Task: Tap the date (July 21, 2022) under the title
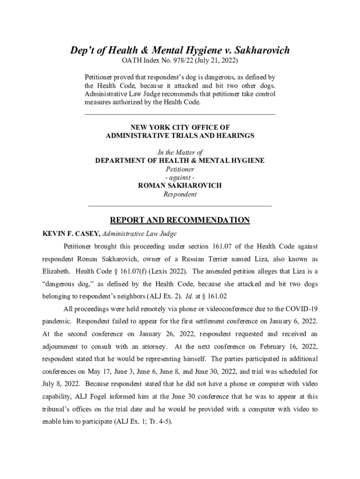pos(219,61)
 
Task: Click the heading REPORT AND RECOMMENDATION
pos(180,220)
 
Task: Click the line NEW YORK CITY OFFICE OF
pos(180,127)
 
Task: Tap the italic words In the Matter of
pos(180,152)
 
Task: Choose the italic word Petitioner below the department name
pos(180,169)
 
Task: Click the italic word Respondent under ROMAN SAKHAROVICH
pos(180,194)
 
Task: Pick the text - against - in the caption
pos(180,177)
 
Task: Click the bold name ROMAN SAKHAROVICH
pos(180,186)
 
